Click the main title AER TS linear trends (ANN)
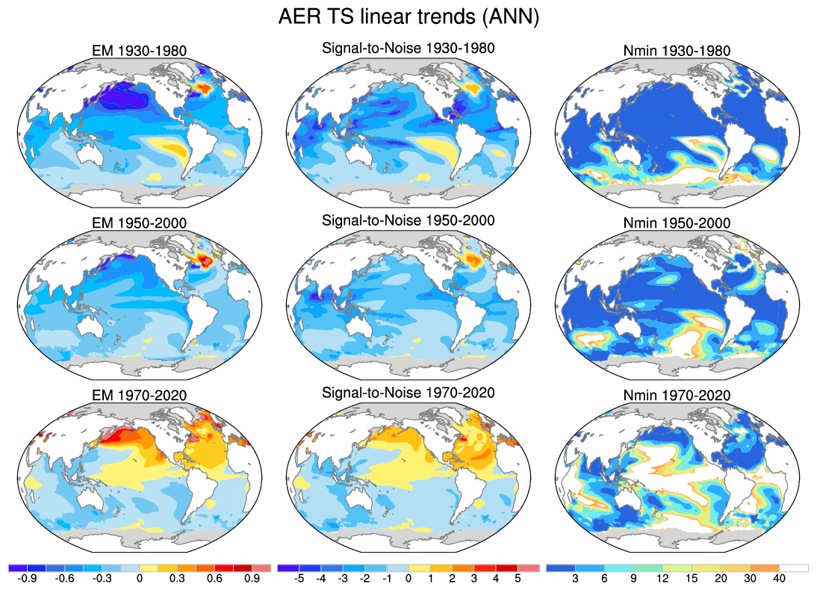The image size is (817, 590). [x=408, y=17]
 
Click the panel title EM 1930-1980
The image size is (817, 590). [x=137, y=51]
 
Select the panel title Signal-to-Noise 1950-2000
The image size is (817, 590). [x=408, y=222]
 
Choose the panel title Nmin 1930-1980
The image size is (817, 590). [x=677, y=51]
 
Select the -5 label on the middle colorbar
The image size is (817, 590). [x=296, y=578]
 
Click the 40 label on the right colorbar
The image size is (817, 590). [x=779, y=578]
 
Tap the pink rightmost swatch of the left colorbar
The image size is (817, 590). [x=261, y=568]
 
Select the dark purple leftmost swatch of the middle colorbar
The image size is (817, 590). [x=287, y=568]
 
